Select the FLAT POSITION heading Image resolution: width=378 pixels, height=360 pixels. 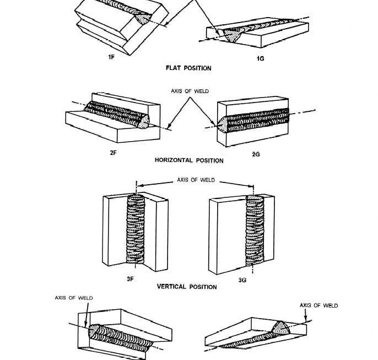[188, 68]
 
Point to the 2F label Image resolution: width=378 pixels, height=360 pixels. [113, 153]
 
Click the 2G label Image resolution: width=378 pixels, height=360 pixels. [255, 154]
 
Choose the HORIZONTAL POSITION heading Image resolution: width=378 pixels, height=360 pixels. [189, 160]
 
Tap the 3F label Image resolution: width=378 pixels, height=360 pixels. [130, 279]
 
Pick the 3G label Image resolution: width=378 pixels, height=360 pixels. [242, 280]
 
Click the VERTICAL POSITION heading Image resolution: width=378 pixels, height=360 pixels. [187, 287]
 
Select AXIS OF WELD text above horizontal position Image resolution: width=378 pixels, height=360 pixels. [189, 91]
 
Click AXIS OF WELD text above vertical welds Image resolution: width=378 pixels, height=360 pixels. [195, 180]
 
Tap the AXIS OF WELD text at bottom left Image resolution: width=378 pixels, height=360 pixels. [74, 298]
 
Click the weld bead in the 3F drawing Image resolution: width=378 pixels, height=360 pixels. [136, 232]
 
